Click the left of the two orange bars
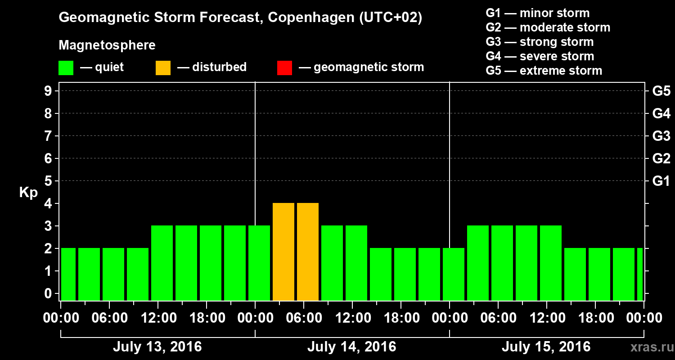point(283,252)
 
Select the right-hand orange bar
point(308,252)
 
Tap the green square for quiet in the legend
point(66,68)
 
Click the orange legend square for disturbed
point(163,68)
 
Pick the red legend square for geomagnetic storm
point(284,68)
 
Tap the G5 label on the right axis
point(661,91)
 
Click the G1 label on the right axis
point(661,181)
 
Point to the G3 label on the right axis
point(661,136)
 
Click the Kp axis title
point(28,193)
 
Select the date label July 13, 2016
point(157,347)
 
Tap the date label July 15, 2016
point(546,347)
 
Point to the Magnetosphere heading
point(107,45)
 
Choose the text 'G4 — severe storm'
point(540,56)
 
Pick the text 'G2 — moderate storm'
point(548,27)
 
